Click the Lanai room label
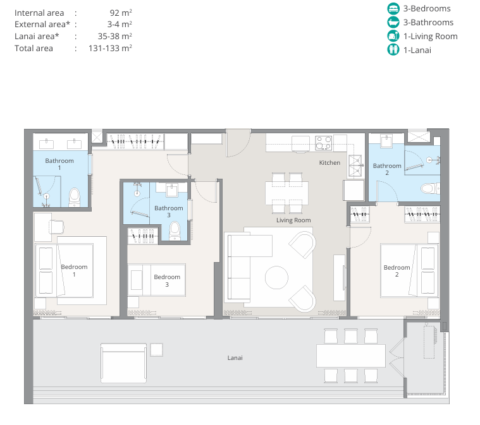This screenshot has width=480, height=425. point(235,357)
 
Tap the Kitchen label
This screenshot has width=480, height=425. point(329,163)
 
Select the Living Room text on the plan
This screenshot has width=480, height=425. point(293,220)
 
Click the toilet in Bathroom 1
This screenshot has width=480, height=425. point(75,197)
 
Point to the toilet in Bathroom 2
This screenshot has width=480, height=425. point(431,188)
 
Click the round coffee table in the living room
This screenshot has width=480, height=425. point(276,278)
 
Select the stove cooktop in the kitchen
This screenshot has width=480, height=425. point(324,143)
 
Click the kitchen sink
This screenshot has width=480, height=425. point(355,166)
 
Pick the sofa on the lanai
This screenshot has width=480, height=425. point(123,363)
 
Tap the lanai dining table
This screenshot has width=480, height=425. point(351,356)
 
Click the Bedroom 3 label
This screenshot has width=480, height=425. point(167,280)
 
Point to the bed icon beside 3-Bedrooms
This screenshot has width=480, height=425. point(393,9)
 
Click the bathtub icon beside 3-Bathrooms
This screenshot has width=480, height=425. point(393,22)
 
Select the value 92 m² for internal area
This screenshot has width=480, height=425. point(121,13)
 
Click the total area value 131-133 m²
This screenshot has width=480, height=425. point(110,48)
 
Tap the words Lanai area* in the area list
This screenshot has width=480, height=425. point(37,37)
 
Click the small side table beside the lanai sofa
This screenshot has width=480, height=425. point(156,350)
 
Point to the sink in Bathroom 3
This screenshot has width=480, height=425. point(172,190)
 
